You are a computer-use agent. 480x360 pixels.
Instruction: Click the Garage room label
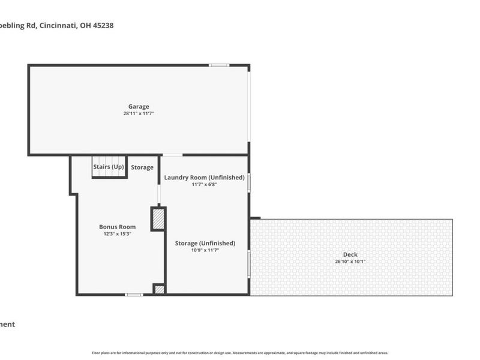point(139,107)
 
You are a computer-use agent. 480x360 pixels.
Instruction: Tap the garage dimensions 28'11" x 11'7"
point(139,113)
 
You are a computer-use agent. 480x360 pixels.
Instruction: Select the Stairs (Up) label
point(109,167)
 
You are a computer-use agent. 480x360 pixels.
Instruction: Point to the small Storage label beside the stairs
point(142,167)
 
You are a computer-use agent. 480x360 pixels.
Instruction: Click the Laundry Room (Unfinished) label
point(204,178)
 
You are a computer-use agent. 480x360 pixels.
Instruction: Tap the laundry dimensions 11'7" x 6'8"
point(204,185)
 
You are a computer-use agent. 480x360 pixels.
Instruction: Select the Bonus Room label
point(117,227)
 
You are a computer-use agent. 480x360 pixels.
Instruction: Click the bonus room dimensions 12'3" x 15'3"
point(117,234)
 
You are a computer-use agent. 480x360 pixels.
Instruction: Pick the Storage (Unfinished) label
point(205,243)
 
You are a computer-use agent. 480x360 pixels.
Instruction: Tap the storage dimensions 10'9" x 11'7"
point(205,250)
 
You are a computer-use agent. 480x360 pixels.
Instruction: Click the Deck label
point(350,254)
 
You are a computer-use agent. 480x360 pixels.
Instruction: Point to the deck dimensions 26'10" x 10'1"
point(350,262)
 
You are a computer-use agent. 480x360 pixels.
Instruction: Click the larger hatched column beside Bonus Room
point(158,219)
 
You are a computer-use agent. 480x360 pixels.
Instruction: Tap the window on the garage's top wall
point(218,65)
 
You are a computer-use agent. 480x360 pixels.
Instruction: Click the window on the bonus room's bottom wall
point(134,295)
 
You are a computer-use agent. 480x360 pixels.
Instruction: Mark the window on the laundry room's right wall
point(249,182)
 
